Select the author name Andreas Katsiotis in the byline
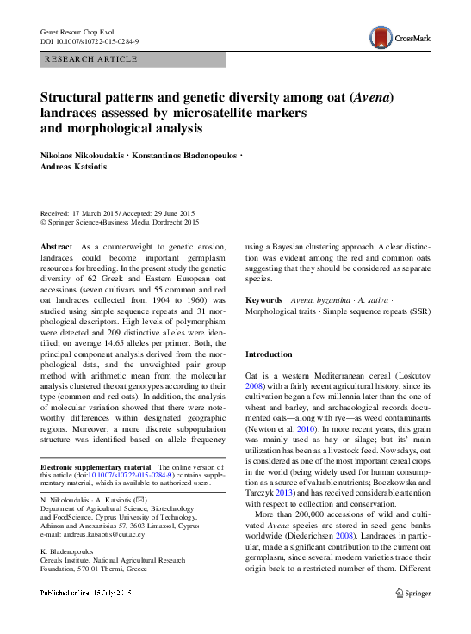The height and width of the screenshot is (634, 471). [x=75, y=169]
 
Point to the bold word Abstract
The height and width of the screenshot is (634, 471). [x=57, y=247]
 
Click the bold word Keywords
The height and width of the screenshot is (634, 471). [x=264, y=300]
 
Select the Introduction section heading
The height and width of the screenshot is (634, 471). [x=269, y=354]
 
